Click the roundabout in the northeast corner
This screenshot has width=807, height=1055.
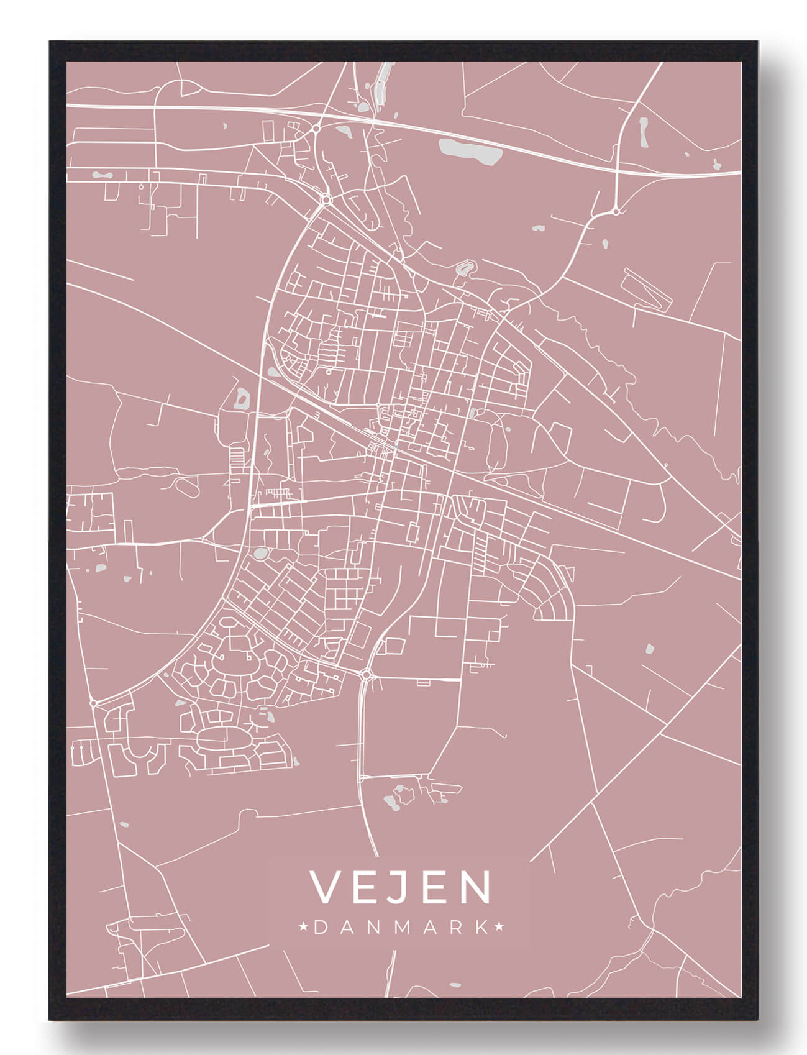coord(616,211)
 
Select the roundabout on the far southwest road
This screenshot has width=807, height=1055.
coord(93,703)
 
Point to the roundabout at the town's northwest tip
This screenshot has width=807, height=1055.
coord(325,199)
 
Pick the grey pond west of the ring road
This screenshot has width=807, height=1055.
coord(240,398)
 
